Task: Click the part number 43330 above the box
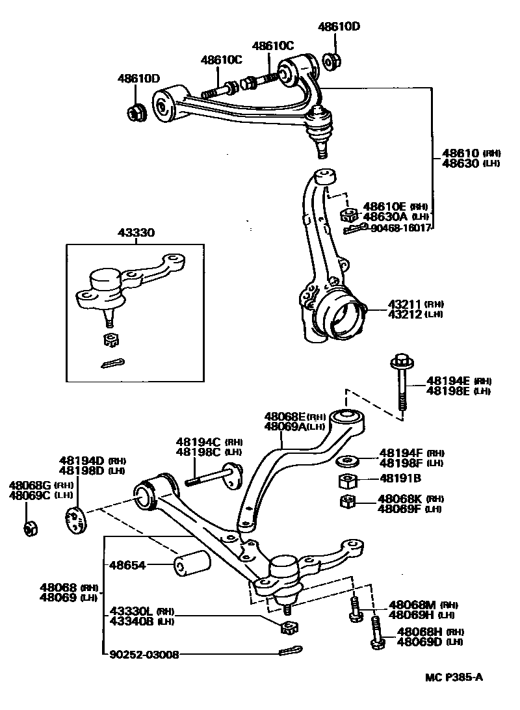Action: click(136, 233)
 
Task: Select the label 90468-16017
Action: click(401, 228)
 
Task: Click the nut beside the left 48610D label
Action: click(136, 112)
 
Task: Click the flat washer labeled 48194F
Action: click(348, 463)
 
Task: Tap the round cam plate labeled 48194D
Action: click(76, 518)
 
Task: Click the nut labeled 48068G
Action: click(30, 528)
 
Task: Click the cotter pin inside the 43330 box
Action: click(113, 363)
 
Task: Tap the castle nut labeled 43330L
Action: click(287, 627)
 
